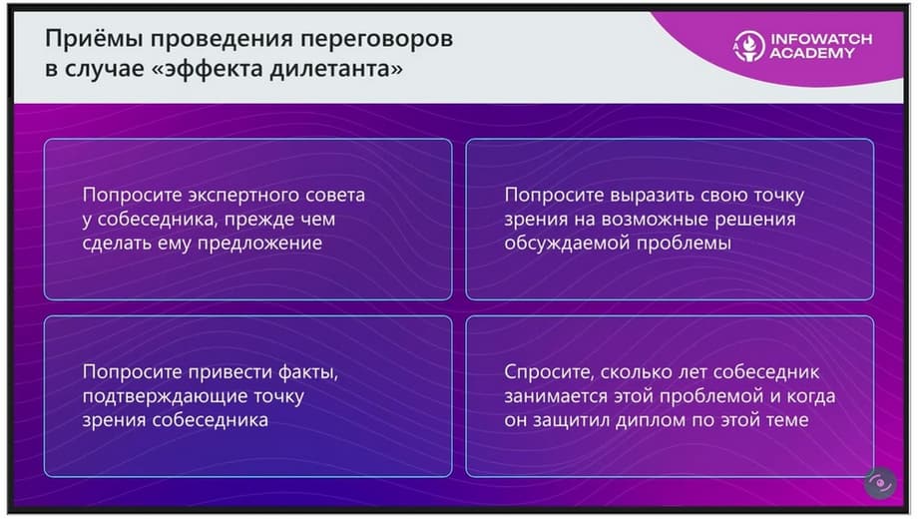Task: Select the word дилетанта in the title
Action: pyautogui.click(x=336, y=69)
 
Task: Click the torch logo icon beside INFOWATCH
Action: pyautogui.click(x=748, y=46)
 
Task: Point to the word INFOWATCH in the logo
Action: pyautogui.click(x=821, y=39)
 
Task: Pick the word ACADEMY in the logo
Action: pyautogui.click(x=812, y=53)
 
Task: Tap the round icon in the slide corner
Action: pyautogui.click(x=880, y=483)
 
